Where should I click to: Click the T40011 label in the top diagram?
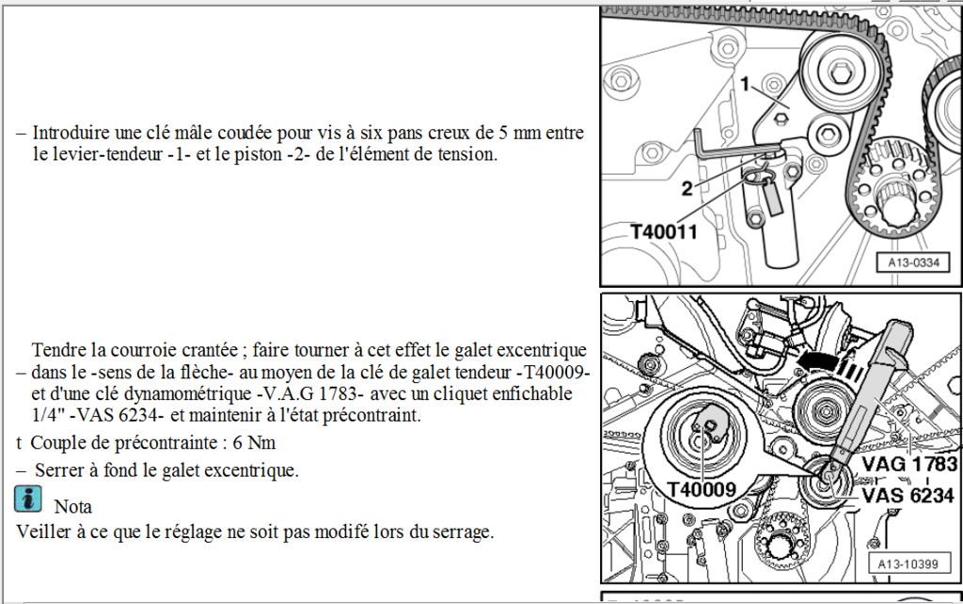(x=664, y=230)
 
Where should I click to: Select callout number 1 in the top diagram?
(x=744, y=86)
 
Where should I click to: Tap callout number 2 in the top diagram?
(x=687, y=188)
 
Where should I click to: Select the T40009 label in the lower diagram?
(x=702, y=487)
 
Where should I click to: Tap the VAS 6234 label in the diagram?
(x=908, y=495)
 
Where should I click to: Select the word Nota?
(x=72, y=507)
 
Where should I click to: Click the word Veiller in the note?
(x=43, y=532)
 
